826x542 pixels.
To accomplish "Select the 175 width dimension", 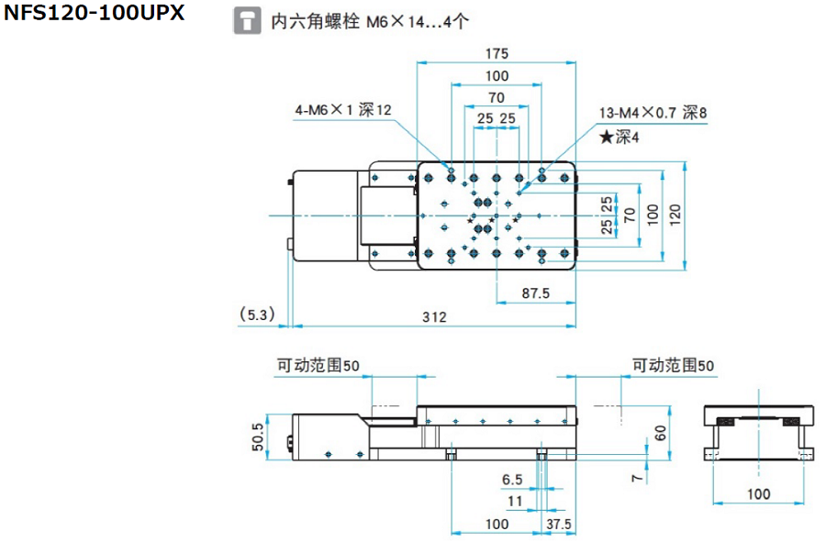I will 497,54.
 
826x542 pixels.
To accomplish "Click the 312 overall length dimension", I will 434,317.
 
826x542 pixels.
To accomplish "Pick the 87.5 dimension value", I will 534,293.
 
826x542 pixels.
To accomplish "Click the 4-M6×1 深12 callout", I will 343,110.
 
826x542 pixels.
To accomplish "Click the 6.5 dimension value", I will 511,480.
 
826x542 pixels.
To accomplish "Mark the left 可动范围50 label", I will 318,365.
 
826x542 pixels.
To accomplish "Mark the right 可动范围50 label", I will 673,365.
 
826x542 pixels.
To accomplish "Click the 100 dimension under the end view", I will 758,494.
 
